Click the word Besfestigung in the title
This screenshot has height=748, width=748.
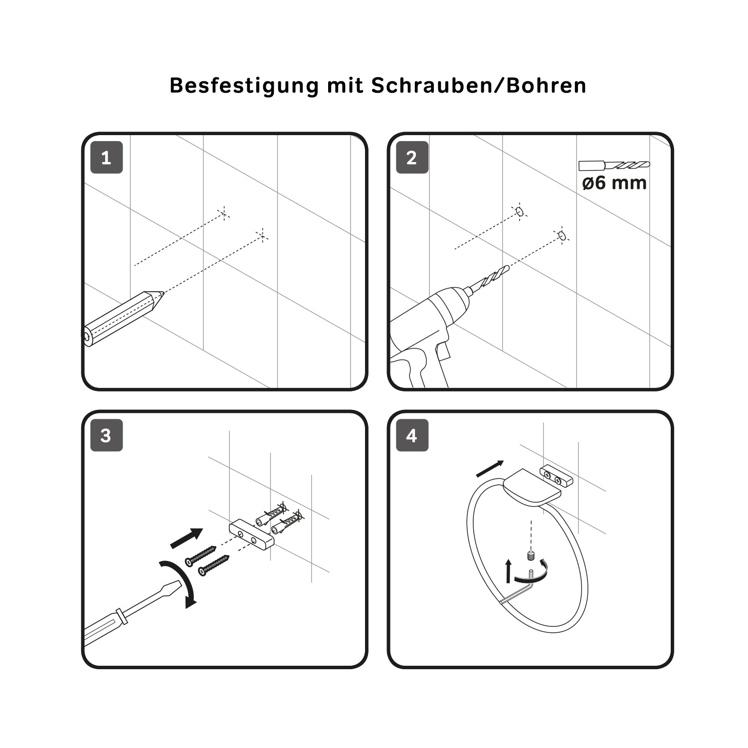(244, 86)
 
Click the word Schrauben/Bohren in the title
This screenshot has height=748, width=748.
(479, 86)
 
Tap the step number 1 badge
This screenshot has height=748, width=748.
(106, 158)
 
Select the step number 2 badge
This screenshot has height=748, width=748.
(412, 158)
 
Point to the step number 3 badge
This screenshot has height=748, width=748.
(106, 435)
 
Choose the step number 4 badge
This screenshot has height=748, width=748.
(412, 435)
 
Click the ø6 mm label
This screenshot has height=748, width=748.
(614, 183)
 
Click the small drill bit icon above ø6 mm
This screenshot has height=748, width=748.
(614, 165)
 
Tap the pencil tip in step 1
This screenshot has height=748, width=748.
(163, 294)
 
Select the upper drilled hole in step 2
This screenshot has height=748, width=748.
(519, 211)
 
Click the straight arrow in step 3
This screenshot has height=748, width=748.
(187, 538)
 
